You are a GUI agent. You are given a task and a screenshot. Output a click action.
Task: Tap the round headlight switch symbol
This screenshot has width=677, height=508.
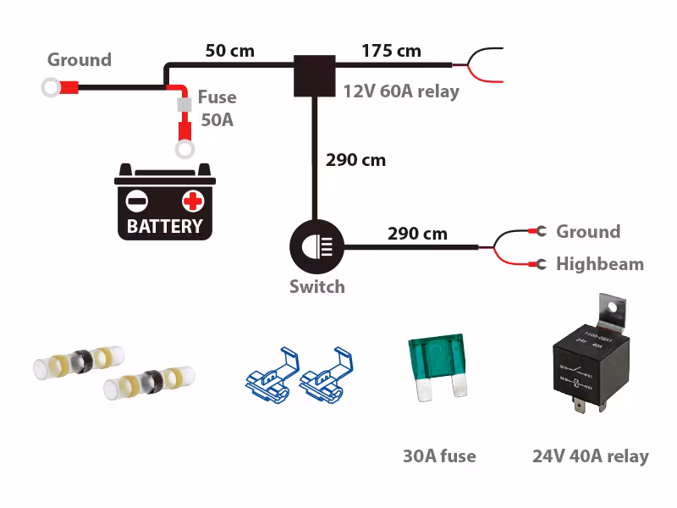point(315,246)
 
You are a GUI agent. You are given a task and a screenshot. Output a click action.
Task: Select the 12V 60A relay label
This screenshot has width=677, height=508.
point(401,91)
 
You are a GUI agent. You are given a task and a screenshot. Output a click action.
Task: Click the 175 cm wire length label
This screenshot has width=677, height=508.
point(391,50)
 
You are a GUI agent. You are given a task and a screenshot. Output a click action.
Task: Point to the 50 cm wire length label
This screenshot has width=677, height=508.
point(229,50)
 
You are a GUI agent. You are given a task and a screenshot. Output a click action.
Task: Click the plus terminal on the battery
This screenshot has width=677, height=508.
point(193,201)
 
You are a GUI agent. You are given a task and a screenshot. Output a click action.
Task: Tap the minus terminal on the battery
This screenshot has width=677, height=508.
point(136,201)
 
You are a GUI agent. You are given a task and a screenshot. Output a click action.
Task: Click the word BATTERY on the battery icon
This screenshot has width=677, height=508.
point(165,226)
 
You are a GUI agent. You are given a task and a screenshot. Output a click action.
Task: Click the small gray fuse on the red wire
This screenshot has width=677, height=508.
point(182,106)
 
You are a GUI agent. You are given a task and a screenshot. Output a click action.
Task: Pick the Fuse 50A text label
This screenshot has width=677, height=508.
point(217,108)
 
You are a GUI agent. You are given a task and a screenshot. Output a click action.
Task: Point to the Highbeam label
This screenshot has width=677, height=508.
point(599,264)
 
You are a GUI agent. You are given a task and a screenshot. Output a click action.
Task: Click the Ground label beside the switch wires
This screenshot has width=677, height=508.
point(587,232)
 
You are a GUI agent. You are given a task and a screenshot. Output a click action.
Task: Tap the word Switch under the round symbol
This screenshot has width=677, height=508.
point(317,287)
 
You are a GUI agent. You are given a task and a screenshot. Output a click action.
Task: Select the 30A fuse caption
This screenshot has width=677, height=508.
point(439,456)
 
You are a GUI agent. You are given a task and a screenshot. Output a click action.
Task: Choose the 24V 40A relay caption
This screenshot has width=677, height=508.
point(590,456)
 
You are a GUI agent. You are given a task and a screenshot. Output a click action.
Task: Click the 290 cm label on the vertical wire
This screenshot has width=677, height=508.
point(355,159)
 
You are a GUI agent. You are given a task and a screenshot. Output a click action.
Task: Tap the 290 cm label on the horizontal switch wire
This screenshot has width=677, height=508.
point(417,233)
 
